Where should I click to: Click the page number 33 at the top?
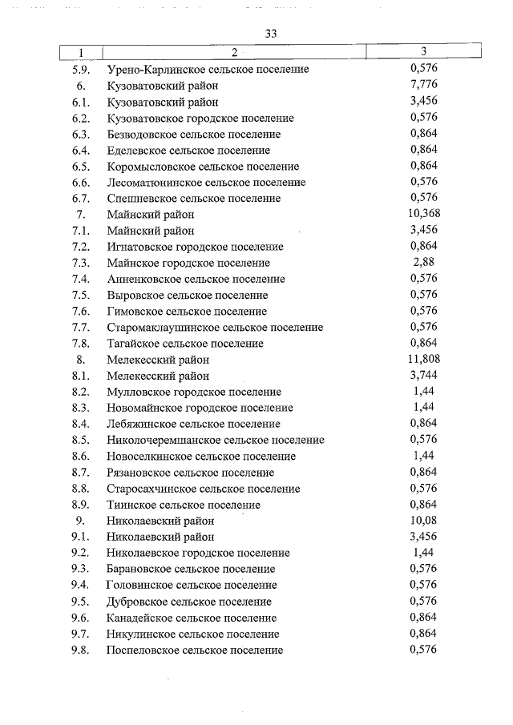click(x=269, y=33)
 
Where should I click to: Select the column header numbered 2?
click(x=233, y=53)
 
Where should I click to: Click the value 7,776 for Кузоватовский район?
click(x=422, y=86)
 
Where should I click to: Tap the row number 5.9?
click(x=80, y=70)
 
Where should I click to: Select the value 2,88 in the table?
click(x=422, y=263)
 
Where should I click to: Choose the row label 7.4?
click(x=80, y=279)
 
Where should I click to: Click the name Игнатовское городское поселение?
click(x=195, y=247)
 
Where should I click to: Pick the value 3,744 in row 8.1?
click(x=422, y=376)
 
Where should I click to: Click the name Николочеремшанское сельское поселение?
click(x=215, y=440)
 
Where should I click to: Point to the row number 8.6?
click(x=80, y=456)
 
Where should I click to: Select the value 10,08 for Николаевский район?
click(x=422, y=521)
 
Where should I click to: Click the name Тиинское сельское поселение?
click(x=183, y=505)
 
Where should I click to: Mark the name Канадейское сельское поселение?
click(x=192, y=618)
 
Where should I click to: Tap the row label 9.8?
click(x=80, y=650)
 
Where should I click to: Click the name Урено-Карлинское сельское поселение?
click(x=208, y=70)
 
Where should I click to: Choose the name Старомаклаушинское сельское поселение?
click(x=214, y=327)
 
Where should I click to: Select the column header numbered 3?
click(x=422, y=53)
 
